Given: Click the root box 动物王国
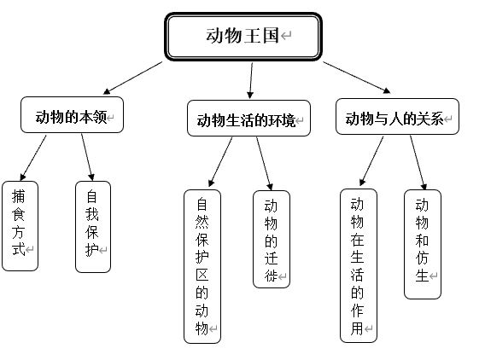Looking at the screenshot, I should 242,37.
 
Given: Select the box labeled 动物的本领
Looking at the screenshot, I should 72,116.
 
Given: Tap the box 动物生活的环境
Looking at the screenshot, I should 248,118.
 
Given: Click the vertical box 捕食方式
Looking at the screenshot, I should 20,225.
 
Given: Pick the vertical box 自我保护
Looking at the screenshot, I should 93,225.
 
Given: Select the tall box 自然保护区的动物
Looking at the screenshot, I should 202,265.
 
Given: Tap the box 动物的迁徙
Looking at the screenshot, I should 272,239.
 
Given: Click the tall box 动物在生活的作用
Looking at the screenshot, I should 358,265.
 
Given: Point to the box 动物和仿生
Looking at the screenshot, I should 422,243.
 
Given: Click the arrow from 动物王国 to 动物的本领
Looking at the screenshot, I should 133,78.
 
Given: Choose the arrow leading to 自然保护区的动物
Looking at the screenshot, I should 219,162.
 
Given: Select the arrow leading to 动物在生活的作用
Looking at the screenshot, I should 371,161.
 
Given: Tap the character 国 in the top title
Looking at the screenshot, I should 271,36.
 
